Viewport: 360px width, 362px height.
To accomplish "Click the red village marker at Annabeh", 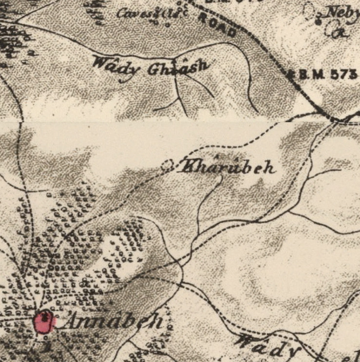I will (x=44, y=323).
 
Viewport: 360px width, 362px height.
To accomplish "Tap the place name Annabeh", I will (x=113, y=322).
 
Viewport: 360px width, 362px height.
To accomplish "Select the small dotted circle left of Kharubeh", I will (x=168, y=166).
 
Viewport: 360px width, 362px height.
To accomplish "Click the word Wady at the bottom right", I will (x=267, y=345).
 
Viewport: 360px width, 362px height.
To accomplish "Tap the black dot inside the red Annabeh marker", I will (x=44, y=317).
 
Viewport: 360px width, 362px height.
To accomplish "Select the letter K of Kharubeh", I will (x=188, y=167).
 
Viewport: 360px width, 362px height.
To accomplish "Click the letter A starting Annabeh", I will (x=73, y=322).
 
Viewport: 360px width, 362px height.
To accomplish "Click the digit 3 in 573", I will (x=353, y=75).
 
